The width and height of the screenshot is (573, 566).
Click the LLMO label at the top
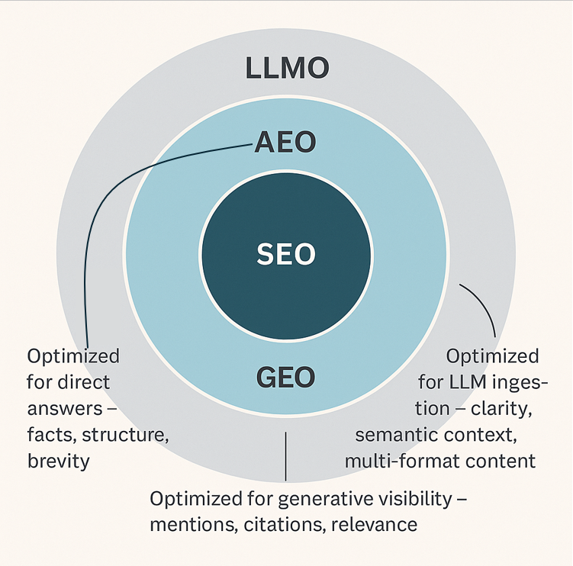pyautogui.click(x=287, y=68)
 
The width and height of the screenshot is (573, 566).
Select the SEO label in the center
pyautogui.click(x=285, y=254)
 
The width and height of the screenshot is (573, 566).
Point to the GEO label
pyautogui.click(x=285, y=376)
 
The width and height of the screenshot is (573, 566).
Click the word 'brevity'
pyautogui.click(x=58, y=461)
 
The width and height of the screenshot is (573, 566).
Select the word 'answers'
pyautogui.click(x=62, y=408)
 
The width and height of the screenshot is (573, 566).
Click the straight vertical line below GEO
pyautogui.click(x=285, y=456)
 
